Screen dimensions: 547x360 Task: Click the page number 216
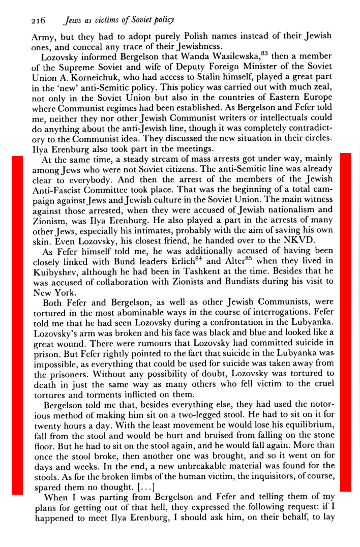pyautogui.click(x=39, y=21)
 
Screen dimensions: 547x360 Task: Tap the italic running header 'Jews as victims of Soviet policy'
pyautogui.click(x=118, y=20)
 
